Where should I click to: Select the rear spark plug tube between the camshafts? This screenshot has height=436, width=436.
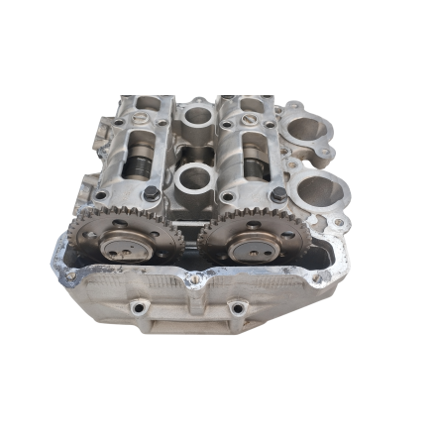195,117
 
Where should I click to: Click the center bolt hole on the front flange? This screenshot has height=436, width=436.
195,281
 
